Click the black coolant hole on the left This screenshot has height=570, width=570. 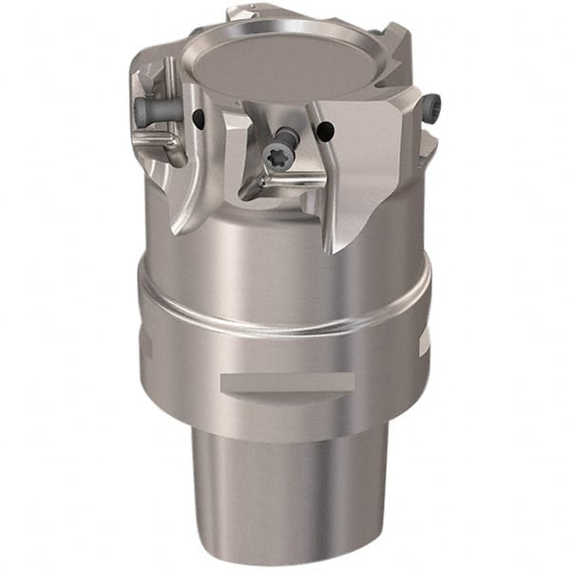click(x=199, y=119)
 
